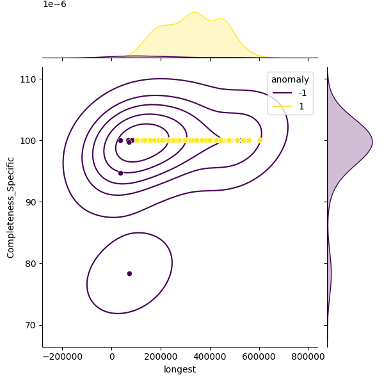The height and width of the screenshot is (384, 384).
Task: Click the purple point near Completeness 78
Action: (129, 273)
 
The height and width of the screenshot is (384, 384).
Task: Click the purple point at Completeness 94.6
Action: (120, 173)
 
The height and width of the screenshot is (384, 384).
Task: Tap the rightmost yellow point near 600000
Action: (260, 140)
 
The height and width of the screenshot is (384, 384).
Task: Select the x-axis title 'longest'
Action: (180, 369)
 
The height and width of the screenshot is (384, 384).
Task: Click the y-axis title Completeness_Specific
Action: (11, 207)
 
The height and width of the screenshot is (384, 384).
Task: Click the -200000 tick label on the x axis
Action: (62, 356)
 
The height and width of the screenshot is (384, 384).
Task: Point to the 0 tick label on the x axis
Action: (112, 356)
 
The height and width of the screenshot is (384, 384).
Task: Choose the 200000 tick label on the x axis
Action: (161, 356)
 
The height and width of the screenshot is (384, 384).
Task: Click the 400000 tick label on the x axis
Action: (211, 356)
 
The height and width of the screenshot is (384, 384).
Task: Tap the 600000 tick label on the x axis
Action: (259, 356)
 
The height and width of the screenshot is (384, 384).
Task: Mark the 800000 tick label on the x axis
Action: (308, 356)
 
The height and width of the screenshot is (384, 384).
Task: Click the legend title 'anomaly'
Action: (290, 80)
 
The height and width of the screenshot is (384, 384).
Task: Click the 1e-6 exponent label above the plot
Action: (54, 4)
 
